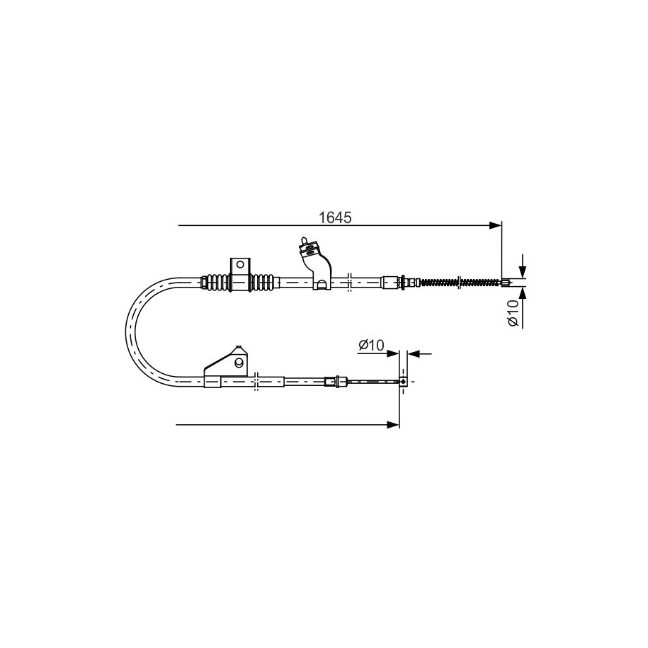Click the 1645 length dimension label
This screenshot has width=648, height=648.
[x=335, y=217]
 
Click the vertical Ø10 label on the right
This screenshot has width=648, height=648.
[x=513, y=312]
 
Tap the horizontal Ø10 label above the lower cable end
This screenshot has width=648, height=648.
[x=371, y=345]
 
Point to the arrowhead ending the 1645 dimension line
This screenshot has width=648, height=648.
[x=495, y=225]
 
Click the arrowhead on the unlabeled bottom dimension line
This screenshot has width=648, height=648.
[x=393, y=424]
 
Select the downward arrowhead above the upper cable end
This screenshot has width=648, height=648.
[x=523, y=271]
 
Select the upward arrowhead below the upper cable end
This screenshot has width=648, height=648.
[x=523, y=292]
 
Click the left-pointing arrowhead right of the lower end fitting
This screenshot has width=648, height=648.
[x=414, y=354]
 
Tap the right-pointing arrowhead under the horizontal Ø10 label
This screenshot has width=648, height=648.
[x=393, y=354]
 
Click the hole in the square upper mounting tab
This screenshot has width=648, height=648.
[x=239, y=265]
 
